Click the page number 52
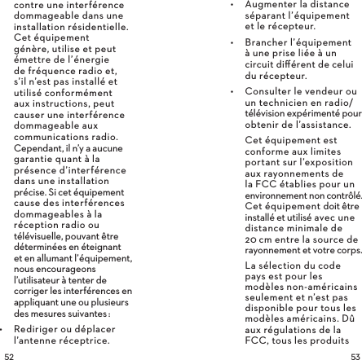(8, 356)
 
